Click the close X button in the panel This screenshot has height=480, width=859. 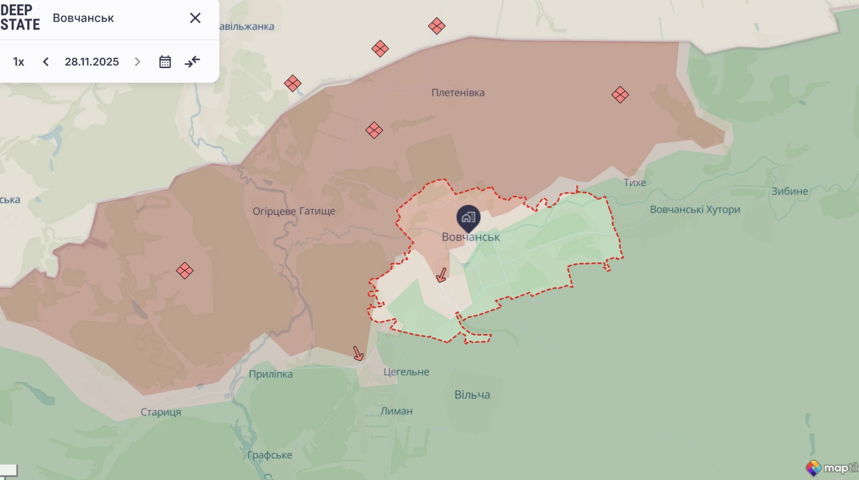click(195, 18)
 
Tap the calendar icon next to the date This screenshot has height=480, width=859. click(165, 62)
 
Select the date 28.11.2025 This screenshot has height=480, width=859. click(92, 62)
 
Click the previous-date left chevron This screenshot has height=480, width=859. click(46, 62)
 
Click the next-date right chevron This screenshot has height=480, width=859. click(137, 62)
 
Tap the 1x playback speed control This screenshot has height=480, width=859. click(18, 62)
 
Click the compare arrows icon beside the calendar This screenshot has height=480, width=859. click(192, 62)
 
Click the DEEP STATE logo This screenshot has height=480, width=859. click(20, 18)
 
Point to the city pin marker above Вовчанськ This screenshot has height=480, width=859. click(468, 218)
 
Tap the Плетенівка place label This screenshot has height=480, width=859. click(458, 93)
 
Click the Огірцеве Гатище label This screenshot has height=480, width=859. click(293, 211)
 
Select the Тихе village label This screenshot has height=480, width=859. click(634, 183)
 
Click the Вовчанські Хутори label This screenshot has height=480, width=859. click(695, 210)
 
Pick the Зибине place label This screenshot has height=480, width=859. click(789, 191)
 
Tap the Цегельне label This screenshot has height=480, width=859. click(406, 372)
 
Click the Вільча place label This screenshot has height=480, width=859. click(472, 395)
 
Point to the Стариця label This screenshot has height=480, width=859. click(160, 412)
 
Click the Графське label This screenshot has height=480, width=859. click(269, 455)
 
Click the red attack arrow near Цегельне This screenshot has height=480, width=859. click(358, 353)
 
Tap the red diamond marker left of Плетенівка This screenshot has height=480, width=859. click(374, 130)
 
